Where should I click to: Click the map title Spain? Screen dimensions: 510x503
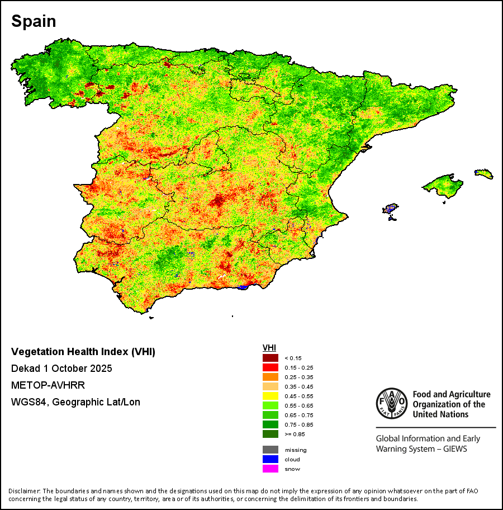pos(34,21)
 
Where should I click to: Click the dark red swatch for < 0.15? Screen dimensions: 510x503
pos(271,358)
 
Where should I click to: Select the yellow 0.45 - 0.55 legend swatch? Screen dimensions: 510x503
pos(271,396)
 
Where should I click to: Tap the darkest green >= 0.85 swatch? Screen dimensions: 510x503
pos(271,434)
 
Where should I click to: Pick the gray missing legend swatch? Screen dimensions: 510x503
pos(271,450)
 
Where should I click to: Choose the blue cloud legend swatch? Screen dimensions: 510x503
pos(271,459)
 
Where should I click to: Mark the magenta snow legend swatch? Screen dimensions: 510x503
pos(271,469)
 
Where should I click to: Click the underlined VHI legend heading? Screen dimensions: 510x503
pos(269,348)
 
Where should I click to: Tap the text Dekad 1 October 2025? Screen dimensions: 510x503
pos(61,369)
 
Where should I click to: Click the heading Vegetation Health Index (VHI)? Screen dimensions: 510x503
pos(83,352)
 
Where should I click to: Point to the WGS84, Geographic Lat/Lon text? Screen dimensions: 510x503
pos(75,402)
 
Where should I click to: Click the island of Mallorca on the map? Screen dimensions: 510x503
pos(443,185)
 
